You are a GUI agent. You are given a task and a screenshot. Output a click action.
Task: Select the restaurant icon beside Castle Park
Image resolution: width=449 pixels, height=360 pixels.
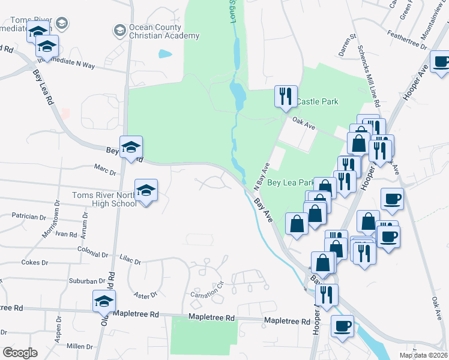click(x=285, y=96)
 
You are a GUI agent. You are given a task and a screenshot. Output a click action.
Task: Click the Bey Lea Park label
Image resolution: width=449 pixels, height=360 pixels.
click(x=291, y=182)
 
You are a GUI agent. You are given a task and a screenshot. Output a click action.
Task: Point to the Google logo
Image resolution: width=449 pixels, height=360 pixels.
click(x=20, y=353)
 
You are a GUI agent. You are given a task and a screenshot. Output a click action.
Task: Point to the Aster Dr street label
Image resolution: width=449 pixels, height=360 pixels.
click(x=146, y=294)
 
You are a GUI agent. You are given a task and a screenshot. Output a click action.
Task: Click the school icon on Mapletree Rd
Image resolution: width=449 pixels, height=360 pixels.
click(x=104, y=301)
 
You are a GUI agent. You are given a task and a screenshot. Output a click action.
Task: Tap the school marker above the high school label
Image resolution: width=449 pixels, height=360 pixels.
click(x=146, y=190)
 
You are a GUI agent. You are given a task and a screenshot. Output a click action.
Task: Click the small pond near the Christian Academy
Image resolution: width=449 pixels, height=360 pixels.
click(x=164, y=53)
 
